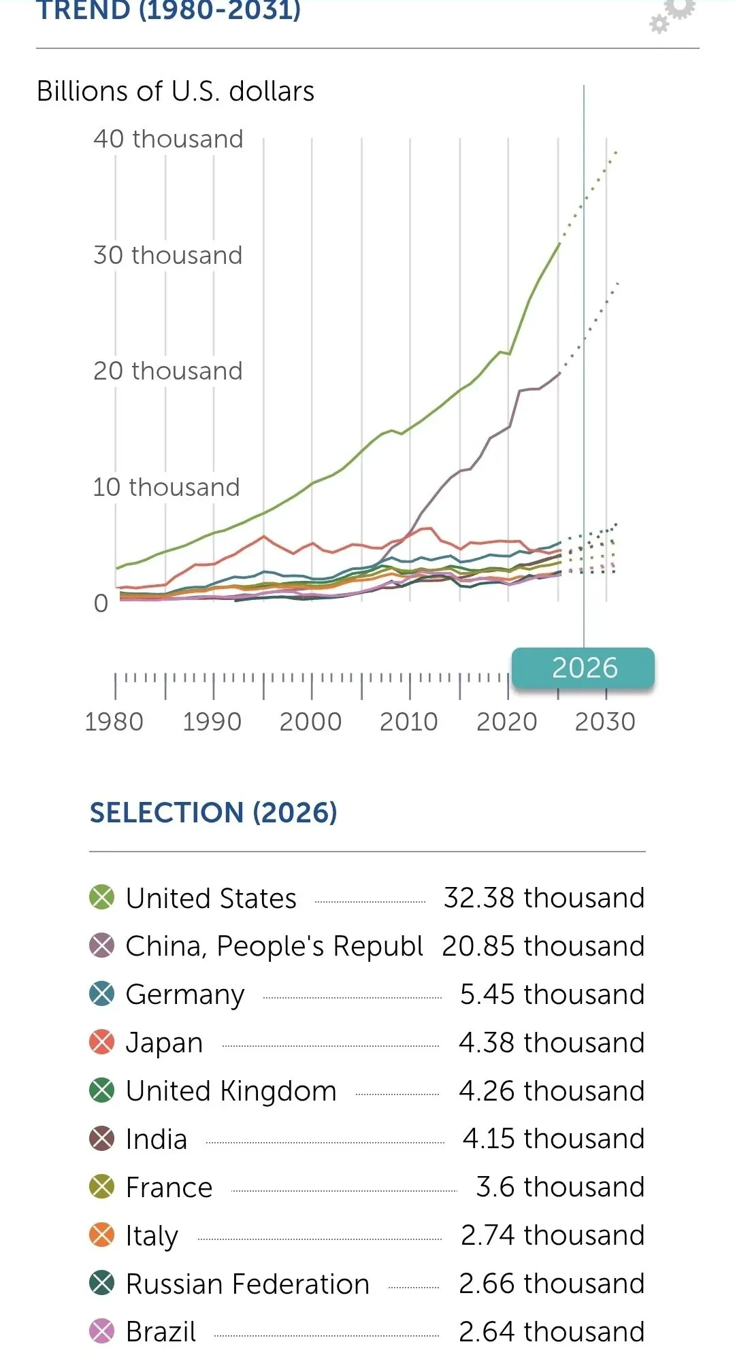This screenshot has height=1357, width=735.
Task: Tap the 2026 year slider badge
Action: point(583,668)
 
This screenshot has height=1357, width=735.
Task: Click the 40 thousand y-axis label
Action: point(168,139)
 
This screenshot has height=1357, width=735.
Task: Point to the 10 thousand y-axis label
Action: point(166,487)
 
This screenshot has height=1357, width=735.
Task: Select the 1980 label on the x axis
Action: point(114,722)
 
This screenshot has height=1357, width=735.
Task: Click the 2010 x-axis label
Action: point(408,722)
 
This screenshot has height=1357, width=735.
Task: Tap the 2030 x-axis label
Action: point(605,722)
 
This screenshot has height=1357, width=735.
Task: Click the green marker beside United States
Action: point(102,897)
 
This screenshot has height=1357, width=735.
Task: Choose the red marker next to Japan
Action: point(102,1042)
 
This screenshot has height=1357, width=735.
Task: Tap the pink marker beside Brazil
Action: point(102,1331)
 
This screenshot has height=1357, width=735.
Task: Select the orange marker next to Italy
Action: point(102,1235)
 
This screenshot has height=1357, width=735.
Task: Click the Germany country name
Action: point(185,995)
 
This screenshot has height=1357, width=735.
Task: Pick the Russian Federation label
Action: point(248,1284)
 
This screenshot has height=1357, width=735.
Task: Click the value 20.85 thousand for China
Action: point(543,946)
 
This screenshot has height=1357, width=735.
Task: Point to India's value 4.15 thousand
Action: point(553,1139)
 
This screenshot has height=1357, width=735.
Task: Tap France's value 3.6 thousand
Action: point(560,1187)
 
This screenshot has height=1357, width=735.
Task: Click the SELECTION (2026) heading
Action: point(214,813)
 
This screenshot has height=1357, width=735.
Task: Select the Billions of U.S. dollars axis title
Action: point(176,91)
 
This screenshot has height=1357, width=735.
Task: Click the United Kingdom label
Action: point(231,1091)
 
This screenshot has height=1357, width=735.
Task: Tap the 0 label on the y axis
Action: point(101,603)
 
